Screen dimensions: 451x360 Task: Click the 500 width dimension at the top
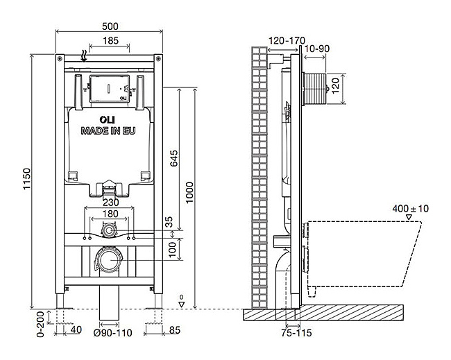[110, 26]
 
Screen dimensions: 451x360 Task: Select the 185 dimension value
[110, 40]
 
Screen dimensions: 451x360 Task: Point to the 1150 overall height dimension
[27, 179]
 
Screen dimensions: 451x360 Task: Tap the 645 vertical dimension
[173, 158]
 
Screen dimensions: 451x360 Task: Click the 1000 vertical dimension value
[189, 192]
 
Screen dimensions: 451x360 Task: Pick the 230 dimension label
[111, 203]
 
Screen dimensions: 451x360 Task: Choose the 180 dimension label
[110, 214]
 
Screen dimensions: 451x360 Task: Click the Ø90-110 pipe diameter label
[112, 333]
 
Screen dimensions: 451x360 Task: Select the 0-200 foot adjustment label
[41, 324]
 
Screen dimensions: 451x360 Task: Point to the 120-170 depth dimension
[287, 40]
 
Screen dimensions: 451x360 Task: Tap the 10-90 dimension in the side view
[316, 49]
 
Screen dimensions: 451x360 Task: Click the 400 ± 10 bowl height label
[411, 209]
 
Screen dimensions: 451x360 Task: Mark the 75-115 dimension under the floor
[296, 333]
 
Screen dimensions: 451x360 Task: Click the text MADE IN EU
[108, 131]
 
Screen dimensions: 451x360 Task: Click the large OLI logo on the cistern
[108, 119]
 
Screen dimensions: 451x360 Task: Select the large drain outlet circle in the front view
[109, 260]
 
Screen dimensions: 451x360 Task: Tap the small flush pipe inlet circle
[109, 230]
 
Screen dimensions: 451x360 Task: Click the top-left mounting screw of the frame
[60, 59]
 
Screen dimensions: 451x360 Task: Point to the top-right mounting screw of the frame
[158, 59]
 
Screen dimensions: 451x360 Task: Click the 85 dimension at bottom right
[175, 330]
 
